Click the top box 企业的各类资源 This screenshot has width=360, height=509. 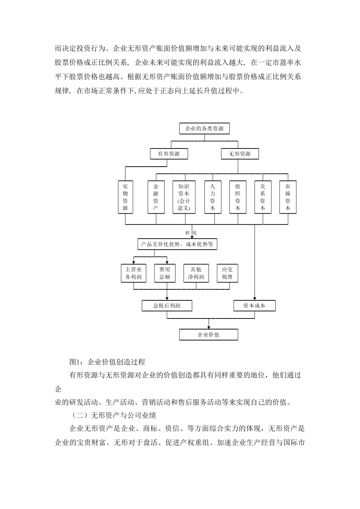(x=204, y=129)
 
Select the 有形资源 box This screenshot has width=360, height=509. (x=169, y=154)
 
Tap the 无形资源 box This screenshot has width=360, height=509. (x=239, y=154)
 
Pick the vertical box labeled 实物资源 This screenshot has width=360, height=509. (x=125, y=197)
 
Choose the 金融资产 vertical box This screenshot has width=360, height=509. (x=156, y=197)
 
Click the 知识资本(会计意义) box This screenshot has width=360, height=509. (x=184, y=197)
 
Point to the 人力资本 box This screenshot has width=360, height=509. (x=212, y=197)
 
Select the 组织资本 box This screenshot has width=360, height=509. (x=238, y=197)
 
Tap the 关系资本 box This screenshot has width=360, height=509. (x=263, y=197)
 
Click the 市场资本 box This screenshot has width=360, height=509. (x=288, y=197)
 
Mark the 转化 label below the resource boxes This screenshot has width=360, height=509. (x=191, y=233)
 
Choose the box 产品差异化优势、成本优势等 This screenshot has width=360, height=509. (x=177, y=245)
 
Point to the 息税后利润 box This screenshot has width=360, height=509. (x=167, y=306)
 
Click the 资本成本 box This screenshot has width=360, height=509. (x=254, y=306)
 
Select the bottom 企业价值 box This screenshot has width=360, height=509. (x=208, y=335)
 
